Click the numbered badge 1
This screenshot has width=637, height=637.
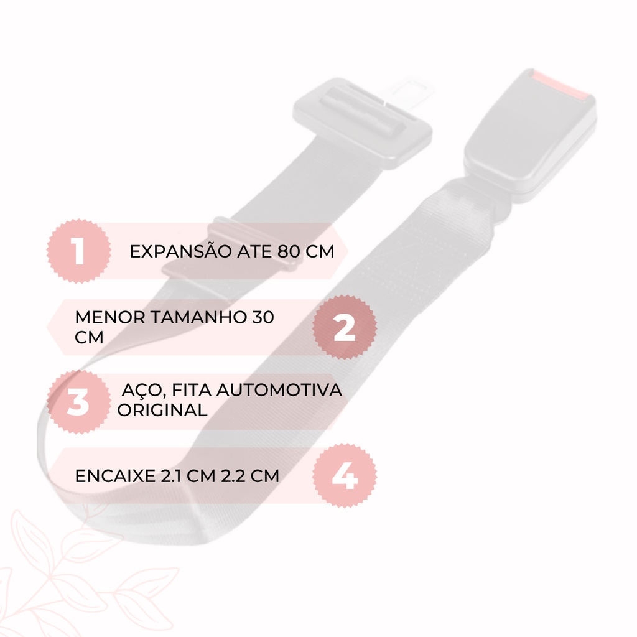79,251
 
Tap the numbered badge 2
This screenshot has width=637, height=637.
345,327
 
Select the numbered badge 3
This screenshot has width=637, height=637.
79,402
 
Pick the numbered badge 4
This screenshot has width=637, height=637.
345,476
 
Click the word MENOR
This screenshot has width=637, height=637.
110,317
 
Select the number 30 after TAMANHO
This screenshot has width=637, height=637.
263,317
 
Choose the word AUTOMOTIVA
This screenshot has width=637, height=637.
279,390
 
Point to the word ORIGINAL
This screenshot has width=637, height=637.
162,410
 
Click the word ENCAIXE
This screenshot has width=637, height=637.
115,476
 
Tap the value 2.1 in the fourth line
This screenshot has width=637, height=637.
170,476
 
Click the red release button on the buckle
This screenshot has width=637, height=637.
560,85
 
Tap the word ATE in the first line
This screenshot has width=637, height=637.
254,251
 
